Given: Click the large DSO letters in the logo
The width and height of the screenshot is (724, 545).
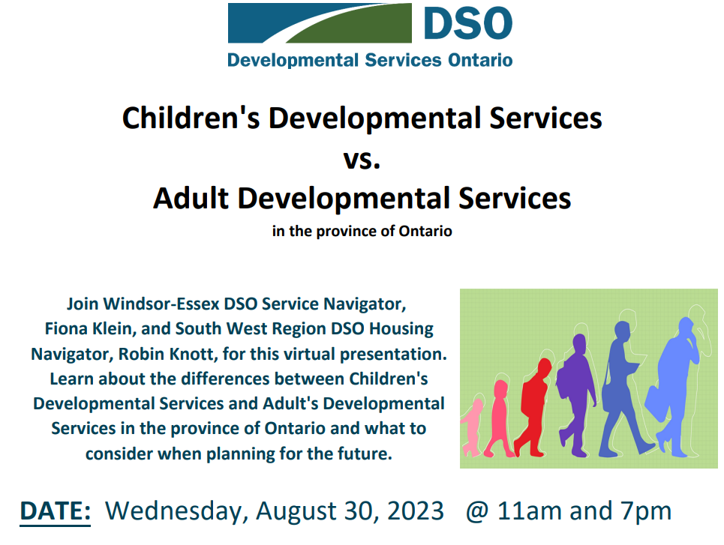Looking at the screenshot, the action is [467, 23].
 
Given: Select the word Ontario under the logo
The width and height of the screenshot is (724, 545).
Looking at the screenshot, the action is [480, 61].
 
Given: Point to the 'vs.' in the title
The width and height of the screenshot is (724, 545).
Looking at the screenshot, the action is [362, 159].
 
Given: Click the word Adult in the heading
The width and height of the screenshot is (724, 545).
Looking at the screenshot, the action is [191, 199].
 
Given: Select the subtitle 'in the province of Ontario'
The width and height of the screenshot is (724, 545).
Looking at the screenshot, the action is [362, 231].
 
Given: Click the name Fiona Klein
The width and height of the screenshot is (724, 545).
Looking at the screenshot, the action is [90, 329].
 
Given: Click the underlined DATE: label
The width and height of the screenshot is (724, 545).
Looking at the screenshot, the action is [55, 511].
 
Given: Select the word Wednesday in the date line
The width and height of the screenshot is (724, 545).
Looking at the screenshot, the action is [173, 511].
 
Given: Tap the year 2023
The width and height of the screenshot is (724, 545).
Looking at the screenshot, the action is [415, 511].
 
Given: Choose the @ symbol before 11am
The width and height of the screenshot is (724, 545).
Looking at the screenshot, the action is [477, 512].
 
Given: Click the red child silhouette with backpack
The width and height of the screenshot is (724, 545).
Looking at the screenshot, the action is [533, 406].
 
